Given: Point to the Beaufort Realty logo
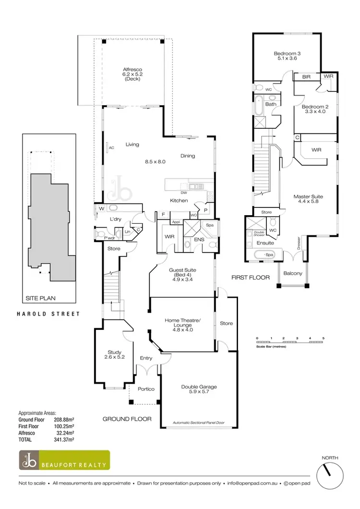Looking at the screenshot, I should (x=64, y=460).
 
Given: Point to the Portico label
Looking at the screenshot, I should (x=146, y=389).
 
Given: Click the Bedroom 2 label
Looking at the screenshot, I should (x=314, y=110).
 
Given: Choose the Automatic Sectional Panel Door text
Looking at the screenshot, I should (x=199, y=424).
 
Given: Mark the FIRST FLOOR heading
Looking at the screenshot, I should (x=250, y=278).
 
